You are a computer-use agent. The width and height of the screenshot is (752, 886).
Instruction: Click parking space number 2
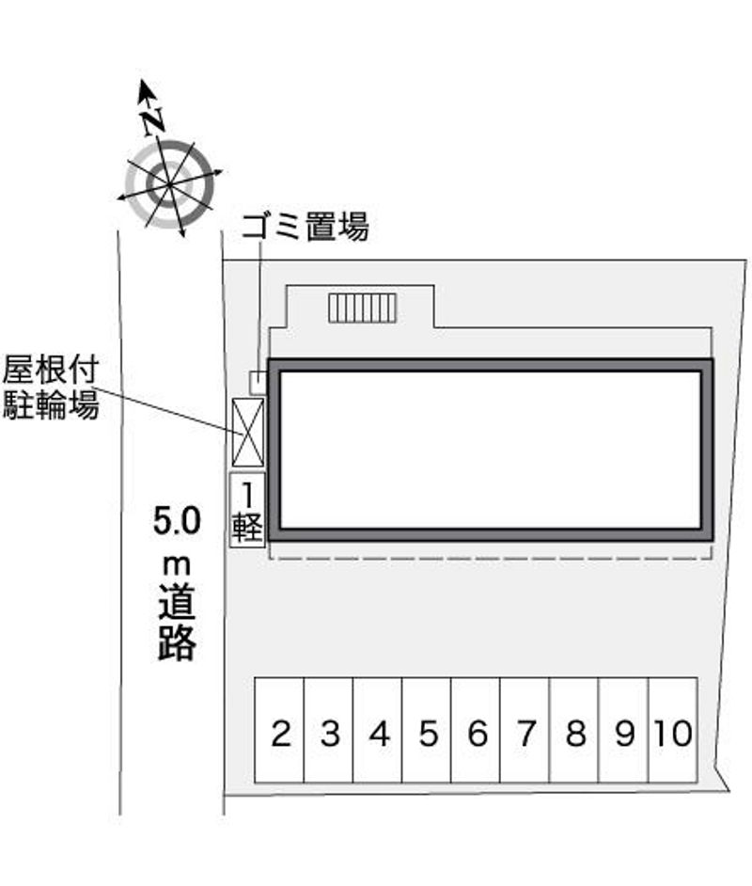279,730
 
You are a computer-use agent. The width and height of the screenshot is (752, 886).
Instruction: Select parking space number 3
329,730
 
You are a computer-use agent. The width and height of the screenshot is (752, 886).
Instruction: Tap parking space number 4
378,730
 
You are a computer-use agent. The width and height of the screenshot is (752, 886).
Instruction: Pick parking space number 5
427,730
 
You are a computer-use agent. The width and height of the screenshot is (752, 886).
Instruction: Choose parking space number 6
476,730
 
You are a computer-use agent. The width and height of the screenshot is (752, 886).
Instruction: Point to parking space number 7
525,730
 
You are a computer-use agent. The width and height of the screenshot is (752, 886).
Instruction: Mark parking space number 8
573,730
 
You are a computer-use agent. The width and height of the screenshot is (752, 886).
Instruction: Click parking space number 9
623,730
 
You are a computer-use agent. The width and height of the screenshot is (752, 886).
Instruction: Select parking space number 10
673,730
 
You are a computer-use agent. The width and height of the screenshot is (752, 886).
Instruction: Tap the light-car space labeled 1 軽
246,510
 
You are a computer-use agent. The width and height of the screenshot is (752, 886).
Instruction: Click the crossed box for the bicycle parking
248,433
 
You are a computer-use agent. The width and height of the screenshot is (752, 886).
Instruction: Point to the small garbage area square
258,383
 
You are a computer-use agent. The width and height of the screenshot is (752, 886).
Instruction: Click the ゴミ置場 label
305,227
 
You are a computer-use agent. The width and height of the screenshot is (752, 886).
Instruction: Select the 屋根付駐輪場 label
51,388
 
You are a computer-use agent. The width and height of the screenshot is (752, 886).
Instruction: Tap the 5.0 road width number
177,521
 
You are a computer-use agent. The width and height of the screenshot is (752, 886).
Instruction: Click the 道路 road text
177,624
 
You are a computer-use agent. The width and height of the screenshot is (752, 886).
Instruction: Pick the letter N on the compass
152,121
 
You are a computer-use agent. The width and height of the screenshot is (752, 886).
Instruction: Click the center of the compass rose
169,184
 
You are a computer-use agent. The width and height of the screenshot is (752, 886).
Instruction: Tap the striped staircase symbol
363,309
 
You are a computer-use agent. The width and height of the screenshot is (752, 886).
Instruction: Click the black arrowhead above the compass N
147,91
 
